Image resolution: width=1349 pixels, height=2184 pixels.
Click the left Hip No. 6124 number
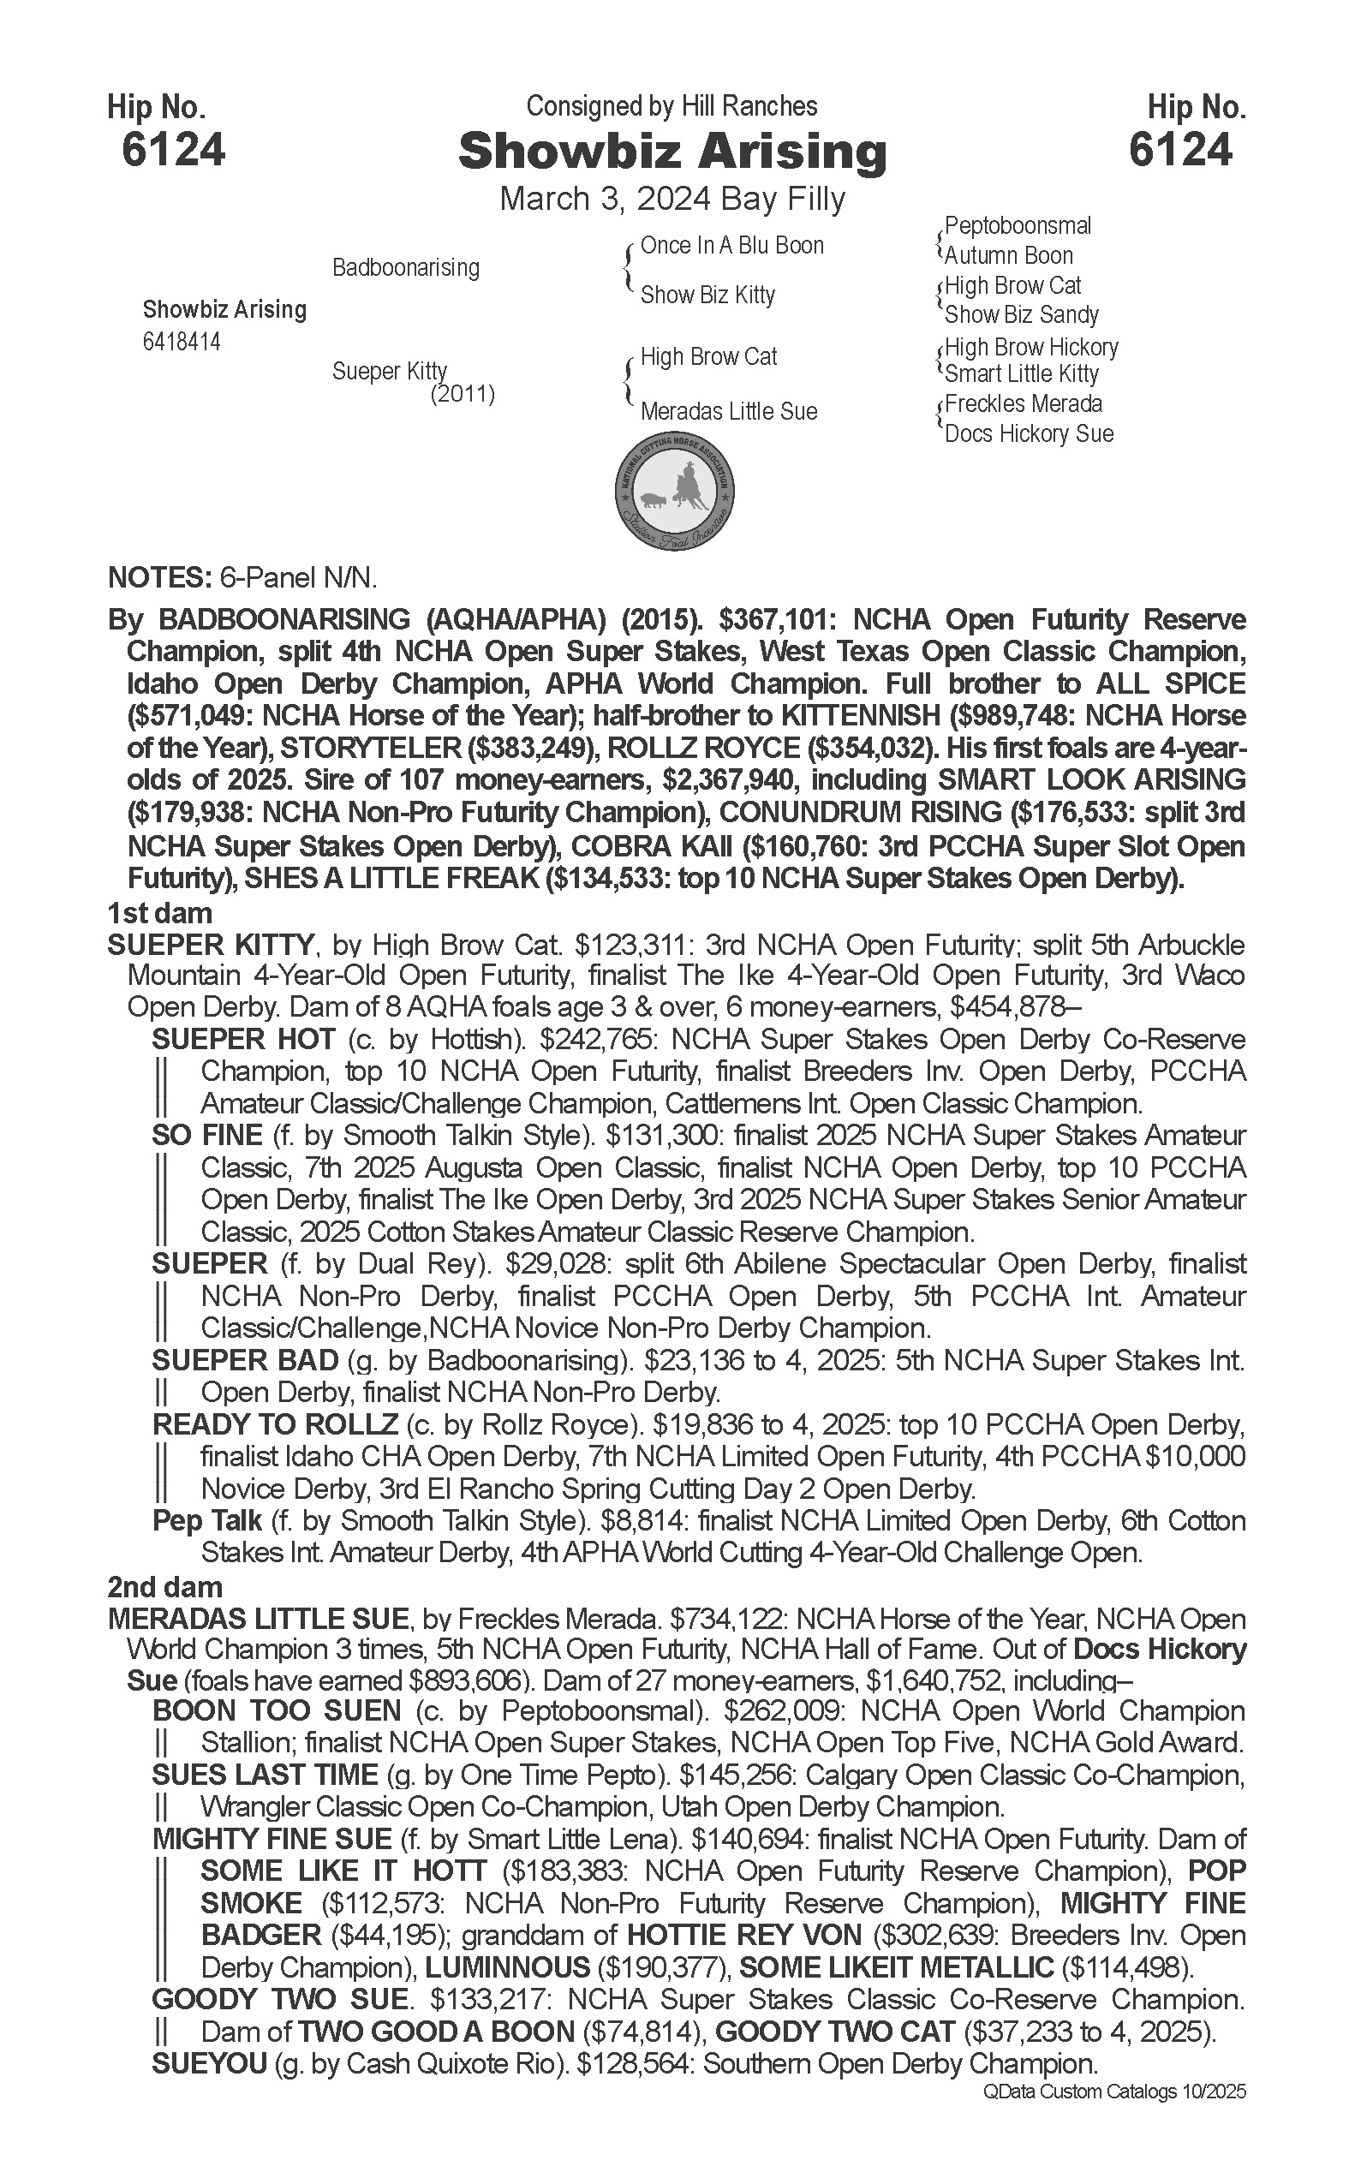[x=173, y=149]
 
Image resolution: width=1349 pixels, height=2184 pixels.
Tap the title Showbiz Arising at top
[x=672, y=151]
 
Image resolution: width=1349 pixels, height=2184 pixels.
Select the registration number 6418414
[x=181, y=342]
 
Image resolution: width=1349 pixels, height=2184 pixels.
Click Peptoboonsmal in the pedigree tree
[x=1018, y=226]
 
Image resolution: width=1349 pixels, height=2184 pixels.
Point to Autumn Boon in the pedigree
[x=1008, y=256]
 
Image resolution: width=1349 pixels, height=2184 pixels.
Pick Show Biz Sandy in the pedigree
[x=1021, y=315]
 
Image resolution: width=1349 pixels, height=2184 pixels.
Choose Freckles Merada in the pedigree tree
[x=1023, y=404]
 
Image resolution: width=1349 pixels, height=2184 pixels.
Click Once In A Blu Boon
[x=731, y=245]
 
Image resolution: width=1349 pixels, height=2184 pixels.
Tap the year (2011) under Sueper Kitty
[x=463, y=393]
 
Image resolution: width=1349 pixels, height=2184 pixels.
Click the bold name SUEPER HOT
[x=243, y=1040]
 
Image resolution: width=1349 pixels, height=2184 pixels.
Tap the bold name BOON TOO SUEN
[x=277, y=1711]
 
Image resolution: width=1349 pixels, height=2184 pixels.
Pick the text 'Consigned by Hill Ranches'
[x=672, y=107]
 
